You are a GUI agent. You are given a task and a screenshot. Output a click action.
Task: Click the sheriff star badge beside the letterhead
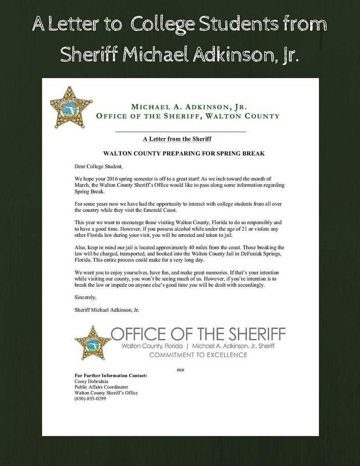point(71,107)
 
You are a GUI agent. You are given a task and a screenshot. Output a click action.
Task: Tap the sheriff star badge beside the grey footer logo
point(92,343)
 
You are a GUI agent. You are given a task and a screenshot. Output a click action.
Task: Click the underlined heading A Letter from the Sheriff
point(177,139)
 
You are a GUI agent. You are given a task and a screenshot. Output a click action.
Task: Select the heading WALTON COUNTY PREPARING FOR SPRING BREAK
point(184,154)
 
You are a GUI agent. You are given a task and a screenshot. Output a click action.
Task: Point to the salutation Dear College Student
point(98,166)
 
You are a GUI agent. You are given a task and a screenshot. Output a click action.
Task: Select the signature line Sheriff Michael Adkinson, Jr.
point(107,310)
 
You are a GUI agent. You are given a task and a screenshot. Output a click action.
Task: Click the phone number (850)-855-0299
point(90,399)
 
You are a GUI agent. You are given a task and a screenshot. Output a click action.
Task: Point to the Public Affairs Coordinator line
point(101,387)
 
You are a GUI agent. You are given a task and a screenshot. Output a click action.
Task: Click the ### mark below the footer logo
point(180,370)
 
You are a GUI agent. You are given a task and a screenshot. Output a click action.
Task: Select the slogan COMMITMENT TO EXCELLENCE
point(198,355)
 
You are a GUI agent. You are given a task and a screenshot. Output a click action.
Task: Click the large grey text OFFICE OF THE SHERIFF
point(198,334)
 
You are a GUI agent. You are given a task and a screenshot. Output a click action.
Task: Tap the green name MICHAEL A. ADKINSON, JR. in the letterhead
point(189,107)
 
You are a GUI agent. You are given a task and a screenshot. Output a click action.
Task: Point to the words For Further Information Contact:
point(111,376)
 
